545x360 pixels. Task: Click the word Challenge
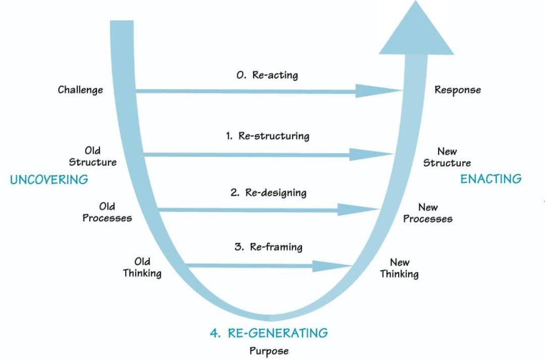pos(80,90)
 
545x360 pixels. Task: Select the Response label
pos(458,90)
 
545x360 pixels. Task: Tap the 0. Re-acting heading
pos(267,75)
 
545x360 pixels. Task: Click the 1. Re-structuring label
pos(267,136)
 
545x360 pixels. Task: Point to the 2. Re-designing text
pos(268,192)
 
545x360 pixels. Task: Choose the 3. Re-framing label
pos(268,247)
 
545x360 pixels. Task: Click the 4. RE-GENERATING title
pos(269,333)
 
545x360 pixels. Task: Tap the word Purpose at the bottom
pos(269,351)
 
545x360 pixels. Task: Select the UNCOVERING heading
pos(49,180)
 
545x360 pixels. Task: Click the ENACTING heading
pos(491,179)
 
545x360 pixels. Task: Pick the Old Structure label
pos(93,156)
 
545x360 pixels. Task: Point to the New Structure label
pos(447,157)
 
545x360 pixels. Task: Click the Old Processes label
pos(107,212)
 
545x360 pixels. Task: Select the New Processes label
pos(428,213)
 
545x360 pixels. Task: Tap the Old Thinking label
pos(142,267)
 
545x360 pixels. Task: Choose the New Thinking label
pos(399,268)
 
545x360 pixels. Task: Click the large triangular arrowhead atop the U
pos(416,33)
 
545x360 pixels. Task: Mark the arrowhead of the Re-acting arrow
pos(377,90)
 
